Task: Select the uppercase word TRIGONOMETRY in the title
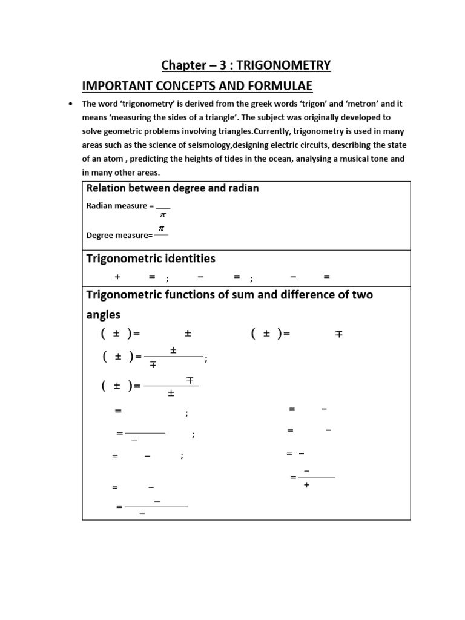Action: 287,65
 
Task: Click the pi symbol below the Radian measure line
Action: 162,216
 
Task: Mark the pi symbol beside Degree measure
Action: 161,228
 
